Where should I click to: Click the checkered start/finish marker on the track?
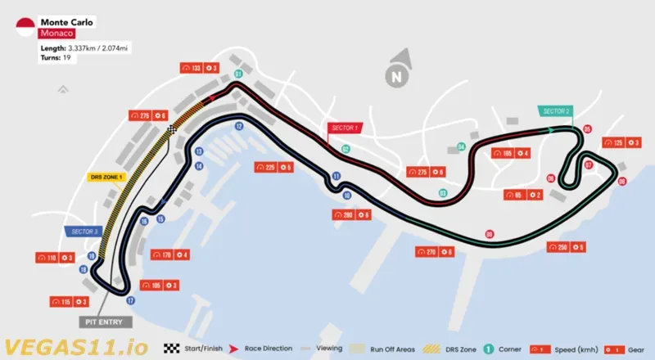click(x=172, y=129)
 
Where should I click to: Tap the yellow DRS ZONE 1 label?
click(x=105, y=176)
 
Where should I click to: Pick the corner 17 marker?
click(x=130, y=300)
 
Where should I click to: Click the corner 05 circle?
click(x=587, y=128)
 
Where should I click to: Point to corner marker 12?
click(x=238, y=126)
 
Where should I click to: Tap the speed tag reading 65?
click(x=514, y=195)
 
